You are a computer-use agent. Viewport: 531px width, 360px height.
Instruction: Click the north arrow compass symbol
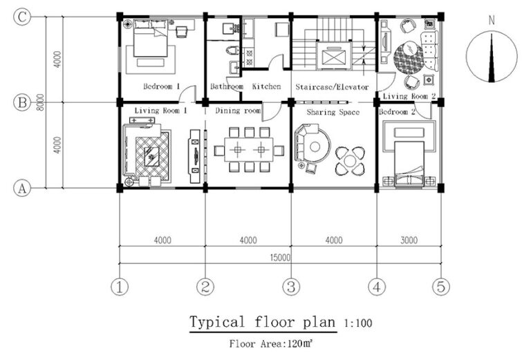(492, 56)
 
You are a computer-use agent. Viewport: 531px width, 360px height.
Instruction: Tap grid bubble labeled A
(23, 188)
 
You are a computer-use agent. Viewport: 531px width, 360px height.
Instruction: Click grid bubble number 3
(291, 285)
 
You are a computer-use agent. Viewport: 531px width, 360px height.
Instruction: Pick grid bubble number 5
(440, 285)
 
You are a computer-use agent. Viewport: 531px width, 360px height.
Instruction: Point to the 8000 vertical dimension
(41, 103)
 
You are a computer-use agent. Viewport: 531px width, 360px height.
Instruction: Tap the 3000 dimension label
(408, 240)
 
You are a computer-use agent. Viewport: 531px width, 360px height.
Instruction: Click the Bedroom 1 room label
(162, 87)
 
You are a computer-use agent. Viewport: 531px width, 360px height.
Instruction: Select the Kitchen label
(266, 87)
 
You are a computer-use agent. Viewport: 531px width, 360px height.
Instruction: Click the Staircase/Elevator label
(332, 87)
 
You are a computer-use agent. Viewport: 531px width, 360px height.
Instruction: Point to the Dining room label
(238, 111)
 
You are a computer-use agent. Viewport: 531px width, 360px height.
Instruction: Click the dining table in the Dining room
(248, 149)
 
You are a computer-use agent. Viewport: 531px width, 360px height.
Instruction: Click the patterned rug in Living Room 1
(151, 153)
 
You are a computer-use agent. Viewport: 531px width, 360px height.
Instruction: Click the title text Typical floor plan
(262, 323)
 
